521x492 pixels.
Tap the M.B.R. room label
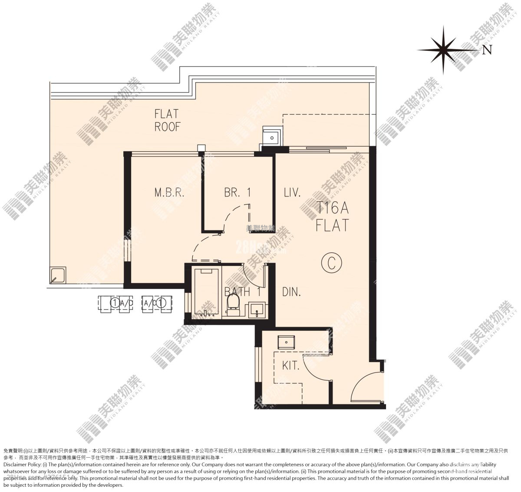(x=169, y=193)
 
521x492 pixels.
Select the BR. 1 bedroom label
(x=237, y=193)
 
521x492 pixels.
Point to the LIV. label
(x=292, y=193)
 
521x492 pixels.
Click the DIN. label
(x=291, y=292)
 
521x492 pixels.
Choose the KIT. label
(x=290, y=366)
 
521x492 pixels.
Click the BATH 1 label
(x=242, y=292)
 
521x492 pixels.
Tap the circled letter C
(x=332, y=263)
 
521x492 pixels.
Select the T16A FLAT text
(x=332, y=217)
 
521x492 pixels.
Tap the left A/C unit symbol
(x=115, y=303)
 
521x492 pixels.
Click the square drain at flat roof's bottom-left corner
(x=58, y=276)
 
